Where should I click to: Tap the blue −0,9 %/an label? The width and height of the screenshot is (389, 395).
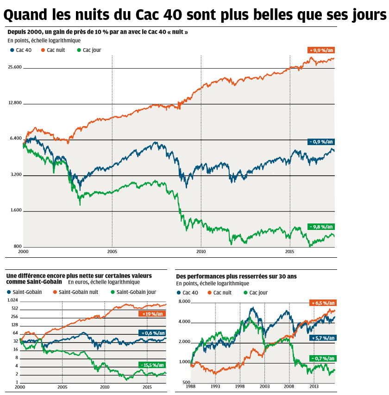point(320,142)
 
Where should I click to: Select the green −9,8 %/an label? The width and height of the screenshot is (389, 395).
point(320,227)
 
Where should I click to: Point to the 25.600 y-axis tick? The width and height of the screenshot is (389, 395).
point(15,67)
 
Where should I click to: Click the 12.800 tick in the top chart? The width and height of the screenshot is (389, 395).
point(15,103)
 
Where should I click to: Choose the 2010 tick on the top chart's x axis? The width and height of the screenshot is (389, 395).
point(201,252)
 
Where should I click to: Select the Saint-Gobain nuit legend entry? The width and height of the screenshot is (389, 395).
point(78,292)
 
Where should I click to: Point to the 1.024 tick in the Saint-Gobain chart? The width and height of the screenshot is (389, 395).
point(12,300)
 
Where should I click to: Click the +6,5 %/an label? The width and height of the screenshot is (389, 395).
point(323,303)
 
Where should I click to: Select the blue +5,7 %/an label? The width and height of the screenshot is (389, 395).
point(323,338)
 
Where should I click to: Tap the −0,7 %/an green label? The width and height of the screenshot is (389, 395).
point(323,358)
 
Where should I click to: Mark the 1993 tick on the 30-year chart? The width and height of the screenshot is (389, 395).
point(215,386)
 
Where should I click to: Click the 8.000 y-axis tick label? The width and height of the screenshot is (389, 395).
point(184,302)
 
